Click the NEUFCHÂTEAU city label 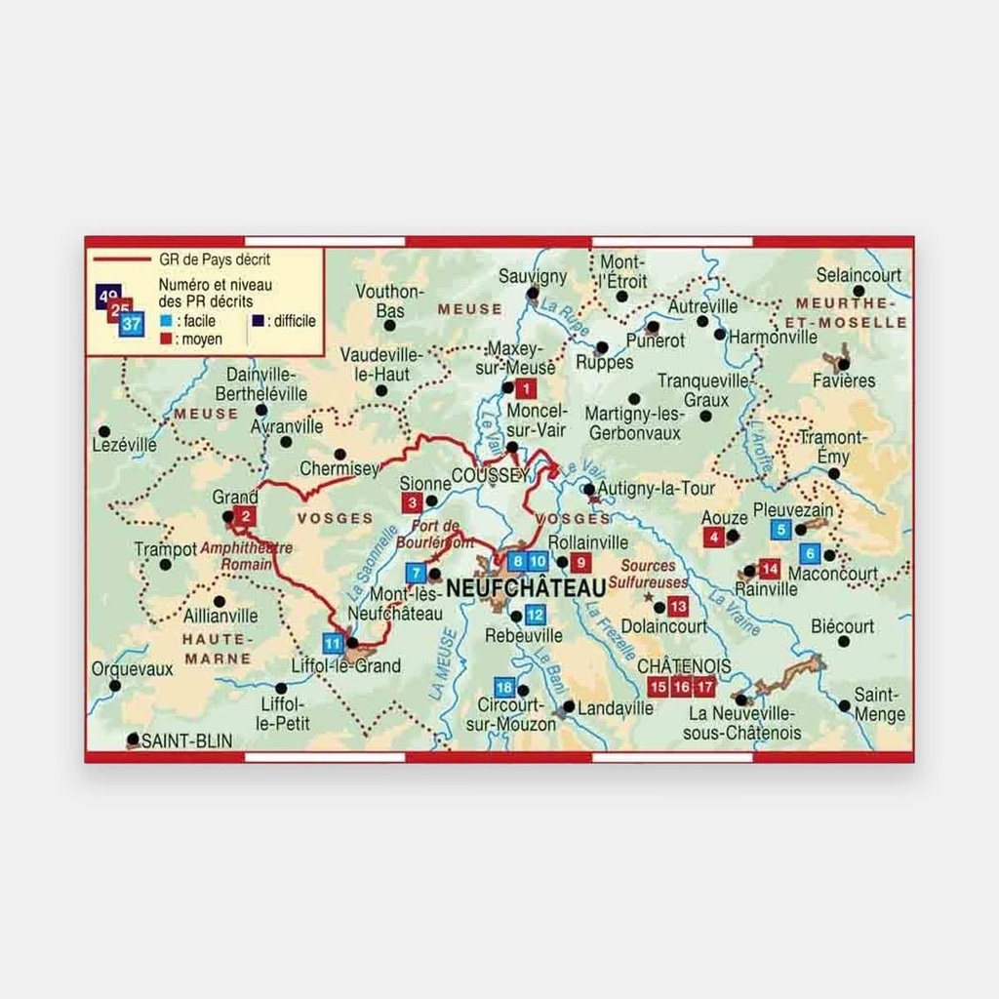click(526, 588)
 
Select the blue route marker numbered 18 click(504, 687)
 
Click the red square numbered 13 click(678, 606)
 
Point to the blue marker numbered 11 click(333, 643)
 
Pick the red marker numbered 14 click(770, 568)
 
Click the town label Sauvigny click(533, 277)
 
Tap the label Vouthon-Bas click(389, 300)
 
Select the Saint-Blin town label click(187, 741)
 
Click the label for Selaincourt click(859, 275)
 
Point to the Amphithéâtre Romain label click(246, 556)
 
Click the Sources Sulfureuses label click(648, 574)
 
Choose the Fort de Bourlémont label click(443, 535)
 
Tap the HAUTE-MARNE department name click(219, 649)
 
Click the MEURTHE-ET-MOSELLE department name click(850, 312)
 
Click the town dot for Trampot click(165, 564)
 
